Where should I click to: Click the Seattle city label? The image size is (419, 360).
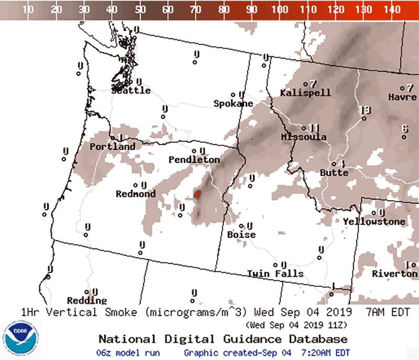pyautogui.click(x=131, y=91)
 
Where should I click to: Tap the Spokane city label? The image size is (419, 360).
pyautogui.click(x=233, y=104)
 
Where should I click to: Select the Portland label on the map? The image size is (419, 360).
pyautogui.click(x=112, y=147)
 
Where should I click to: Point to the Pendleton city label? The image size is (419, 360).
pyautogui.click(x=194, y=159)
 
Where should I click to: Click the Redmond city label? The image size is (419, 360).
pyautogui.click(x=136, y=194)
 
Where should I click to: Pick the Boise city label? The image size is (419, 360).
pyautogui.click(x=241, y=235)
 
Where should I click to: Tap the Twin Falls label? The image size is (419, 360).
pyautogui.click(x=275, y=274)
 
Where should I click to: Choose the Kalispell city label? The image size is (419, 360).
pyautogui.click(x=305, y=93)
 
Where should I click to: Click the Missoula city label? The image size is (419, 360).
pyautogui.click(x=304, y=137)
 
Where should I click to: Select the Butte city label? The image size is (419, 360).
pyautogui.click(x=334, y=172)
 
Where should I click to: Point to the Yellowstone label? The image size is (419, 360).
pyautogui.click(x=374, y=222)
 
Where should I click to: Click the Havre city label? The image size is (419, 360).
pyautogui.click(x=402, y=97)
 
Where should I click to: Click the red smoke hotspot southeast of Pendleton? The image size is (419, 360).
pyautogui.click(x=197, y=194)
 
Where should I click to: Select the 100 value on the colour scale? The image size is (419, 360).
pyautogui.click(x=280, y=9)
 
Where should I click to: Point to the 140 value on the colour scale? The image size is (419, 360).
pyautogui.click(x=391, y=9)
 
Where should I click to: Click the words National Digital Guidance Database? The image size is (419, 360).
pyautogui.click(x=223, y=339)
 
